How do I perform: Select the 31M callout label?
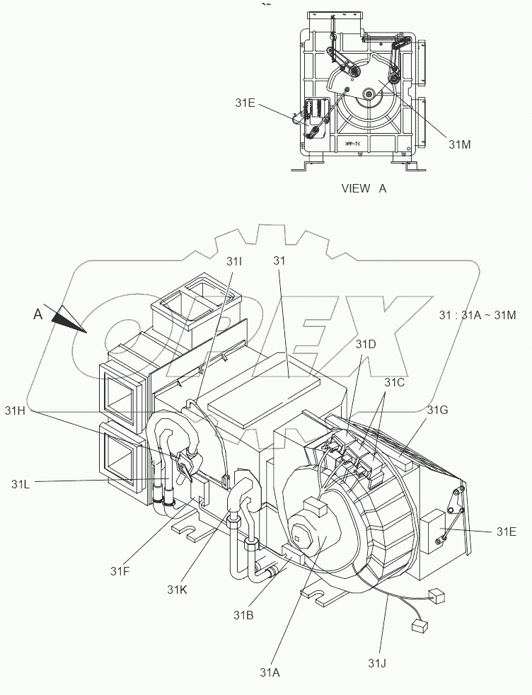click(460, 143)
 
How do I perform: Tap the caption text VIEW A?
click(364, 188)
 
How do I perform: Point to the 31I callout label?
click(234, 261)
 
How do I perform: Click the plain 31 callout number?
click(279, 261)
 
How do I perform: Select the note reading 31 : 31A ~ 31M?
click(478, 314)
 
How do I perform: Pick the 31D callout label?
click(366, 344)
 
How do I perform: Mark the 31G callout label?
click(436, 410)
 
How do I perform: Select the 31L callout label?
click(21, 484)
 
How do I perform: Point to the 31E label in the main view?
click(506, 531)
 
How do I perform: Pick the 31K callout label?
click(178, 589)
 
